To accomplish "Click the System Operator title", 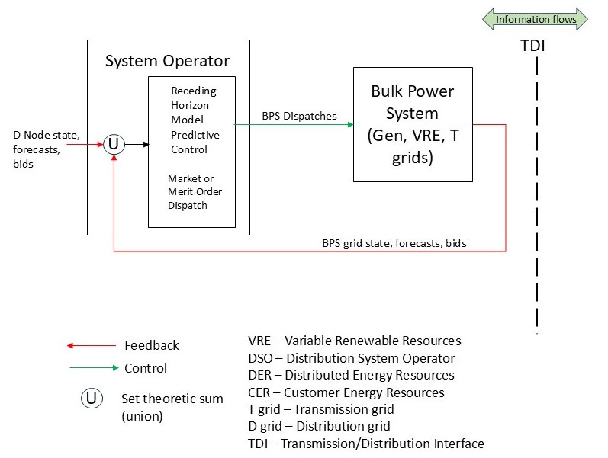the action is click(x=168, y=61).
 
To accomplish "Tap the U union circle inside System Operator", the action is click(x=114, y=145).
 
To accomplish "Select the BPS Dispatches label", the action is click(x=299, y=116).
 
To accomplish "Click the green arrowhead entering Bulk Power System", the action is click(x=350, y=125).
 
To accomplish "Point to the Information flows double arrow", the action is click(x=535, y=19).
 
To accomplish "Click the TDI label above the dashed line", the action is click(x=532, y=46).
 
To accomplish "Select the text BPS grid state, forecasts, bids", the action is click(x=394, y=243).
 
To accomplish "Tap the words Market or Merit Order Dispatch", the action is click(x=195, y=192).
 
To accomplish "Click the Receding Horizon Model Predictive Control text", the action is click(x=195, y=120).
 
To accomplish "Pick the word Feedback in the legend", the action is click(x=152, y=345).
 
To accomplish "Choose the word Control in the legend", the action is click(x=146, y=368).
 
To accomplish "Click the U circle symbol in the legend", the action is click(x=92, y=399).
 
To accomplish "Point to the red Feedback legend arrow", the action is click(x=92, y=345).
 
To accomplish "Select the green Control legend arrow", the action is click(x=95, y=368).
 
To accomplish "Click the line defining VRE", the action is click(x=355, y=341).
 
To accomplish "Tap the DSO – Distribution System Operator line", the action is click(x=352, y=358).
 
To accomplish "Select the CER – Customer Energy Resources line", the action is click(x=346, y=392).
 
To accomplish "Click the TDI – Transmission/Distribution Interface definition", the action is click(x=366, y=444).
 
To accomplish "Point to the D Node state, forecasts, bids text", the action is click(x=47, y=149).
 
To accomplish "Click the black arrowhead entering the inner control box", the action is click(x=146, y=145).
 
